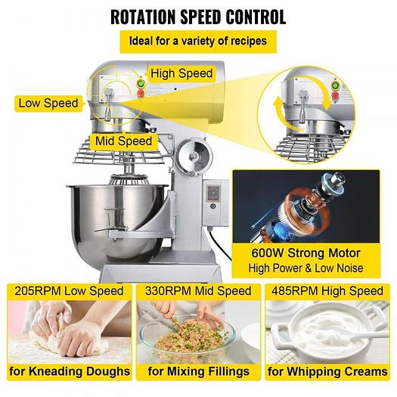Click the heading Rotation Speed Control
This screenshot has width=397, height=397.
(198, 16)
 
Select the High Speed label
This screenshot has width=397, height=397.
(181, 73)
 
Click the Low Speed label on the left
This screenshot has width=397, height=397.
(47, 102)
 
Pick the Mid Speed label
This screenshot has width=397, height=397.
(123, 140)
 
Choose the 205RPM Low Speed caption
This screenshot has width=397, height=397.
(68, 291)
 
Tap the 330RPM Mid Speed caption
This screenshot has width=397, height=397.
(198, 291)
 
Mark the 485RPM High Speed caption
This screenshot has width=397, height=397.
(328, 291)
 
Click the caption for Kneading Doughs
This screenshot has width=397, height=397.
(68, 371)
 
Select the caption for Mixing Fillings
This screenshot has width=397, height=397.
(198, 371)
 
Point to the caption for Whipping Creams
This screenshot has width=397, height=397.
(328, 371)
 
